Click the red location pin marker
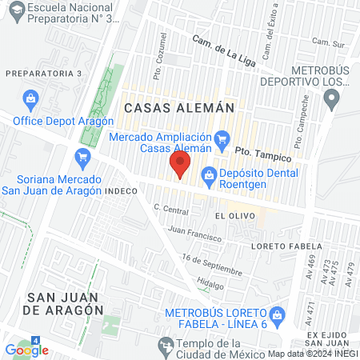181,166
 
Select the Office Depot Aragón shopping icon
30,100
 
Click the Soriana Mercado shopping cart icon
82,156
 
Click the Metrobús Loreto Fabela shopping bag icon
278,313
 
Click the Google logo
26,350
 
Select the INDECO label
121,192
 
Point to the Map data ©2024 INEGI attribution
313,354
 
